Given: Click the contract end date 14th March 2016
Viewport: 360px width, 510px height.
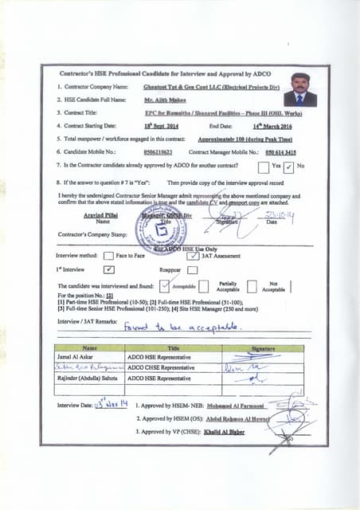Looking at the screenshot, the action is [268, 126].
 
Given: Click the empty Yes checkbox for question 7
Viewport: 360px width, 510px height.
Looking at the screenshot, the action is [263, 167].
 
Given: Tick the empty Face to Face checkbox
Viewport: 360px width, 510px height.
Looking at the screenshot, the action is [109, 256].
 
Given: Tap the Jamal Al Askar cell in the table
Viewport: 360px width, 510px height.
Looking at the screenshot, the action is [78, 359].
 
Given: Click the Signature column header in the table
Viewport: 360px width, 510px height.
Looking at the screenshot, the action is [262, 348].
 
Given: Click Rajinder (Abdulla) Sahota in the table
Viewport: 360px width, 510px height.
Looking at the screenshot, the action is [89, 379].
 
